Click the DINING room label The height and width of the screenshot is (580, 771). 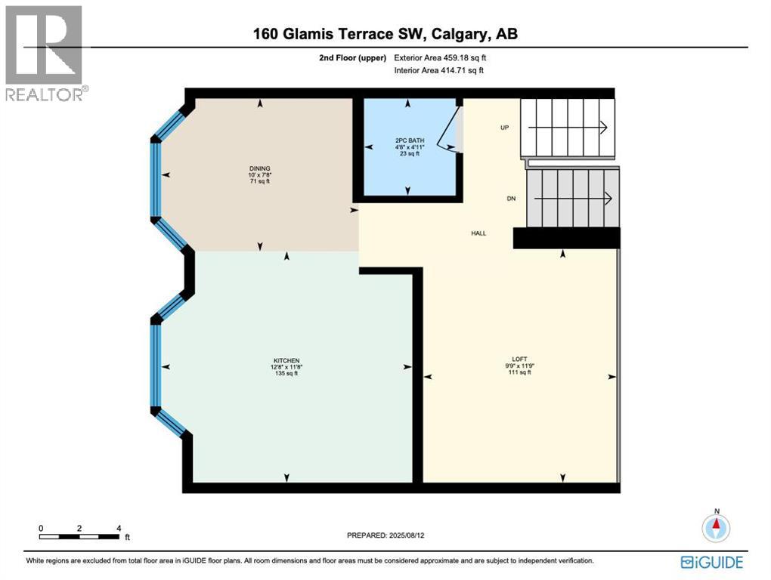tap(260, 168)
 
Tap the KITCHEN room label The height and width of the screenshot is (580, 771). tap(286, 360)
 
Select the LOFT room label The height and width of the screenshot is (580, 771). tap(519, 359)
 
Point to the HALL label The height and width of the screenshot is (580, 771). tap(478, 233)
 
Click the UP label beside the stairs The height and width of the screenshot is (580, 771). tap(504, 128)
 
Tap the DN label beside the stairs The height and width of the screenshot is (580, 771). tap(511, 199)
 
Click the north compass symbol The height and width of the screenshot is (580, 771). tap(715, 527)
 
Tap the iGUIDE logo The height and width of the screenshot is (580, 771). tap(711, 562)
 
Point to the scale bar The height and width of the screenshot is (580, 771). tap(79, 537)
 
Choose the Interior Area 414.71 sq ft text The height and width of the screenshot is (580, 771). tap(438, 70)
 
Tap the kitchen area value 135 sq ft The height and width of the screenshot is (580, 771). tap(286, 373)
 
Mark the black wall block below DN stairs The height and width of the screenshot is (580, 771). tap(566, 238)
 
